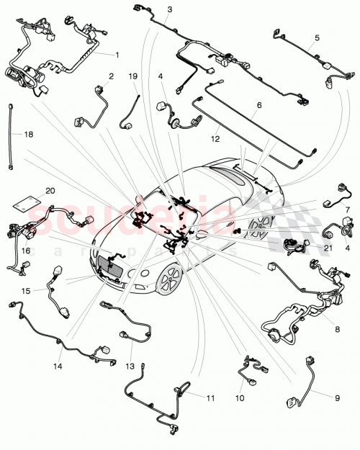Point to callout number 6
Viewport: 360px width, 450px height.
[x=259, y=105]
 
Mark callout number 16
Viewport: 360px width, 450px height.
[x=26, y=251]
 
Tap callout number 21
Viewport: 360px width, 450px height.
[x=328, y=248]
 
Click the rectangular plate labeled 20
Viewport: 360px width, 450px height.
[x=27, y=204]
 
